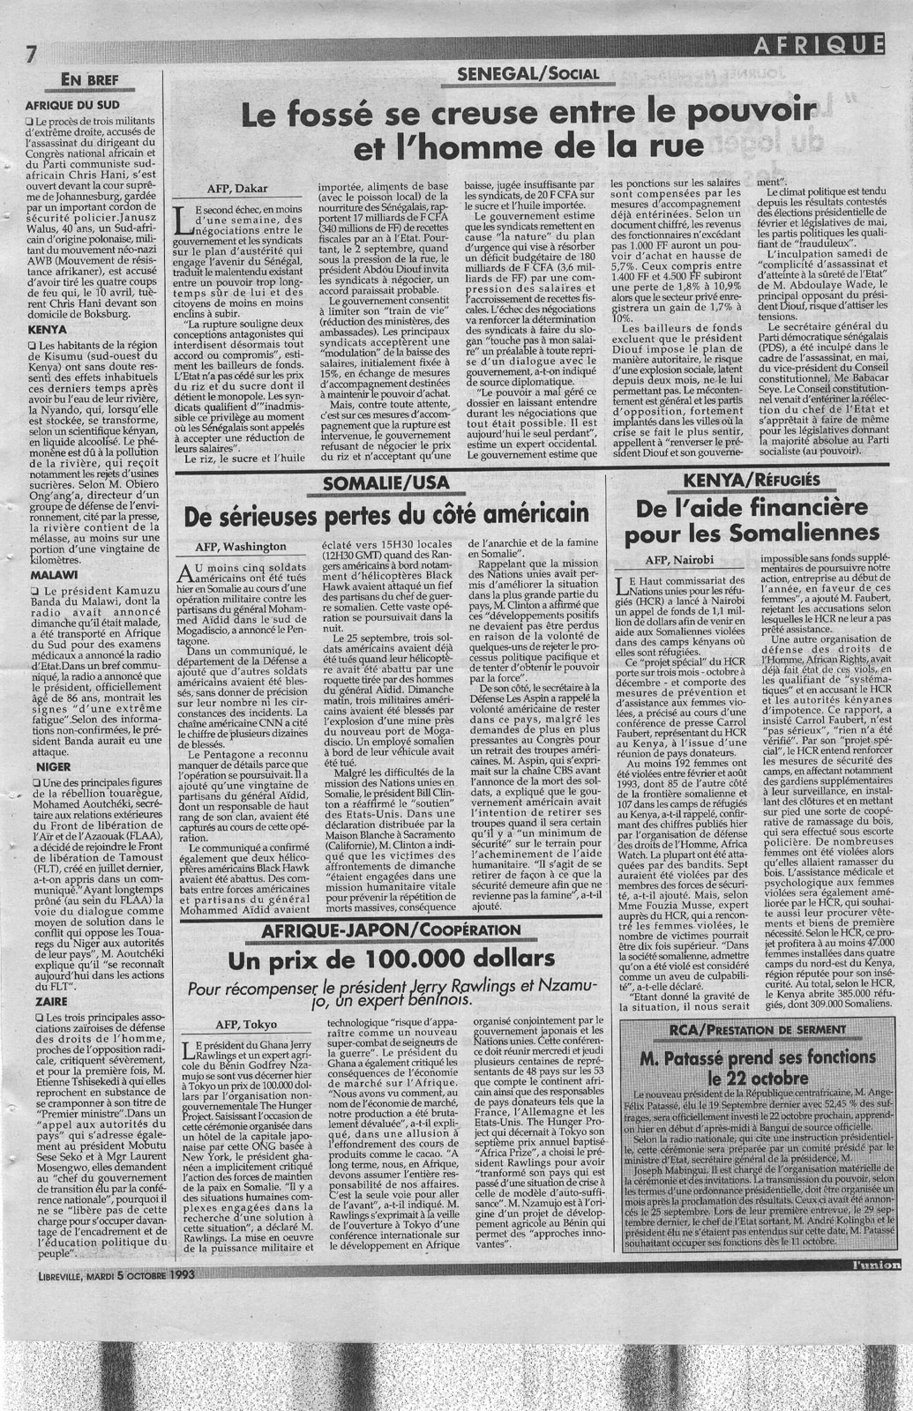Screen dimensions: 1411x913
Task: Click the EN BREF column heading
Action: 89,82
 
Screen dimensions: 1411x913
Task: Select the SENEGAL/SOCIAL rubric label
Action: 523,75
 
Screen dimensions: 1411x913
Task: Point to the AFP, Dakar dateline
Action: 236,188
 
